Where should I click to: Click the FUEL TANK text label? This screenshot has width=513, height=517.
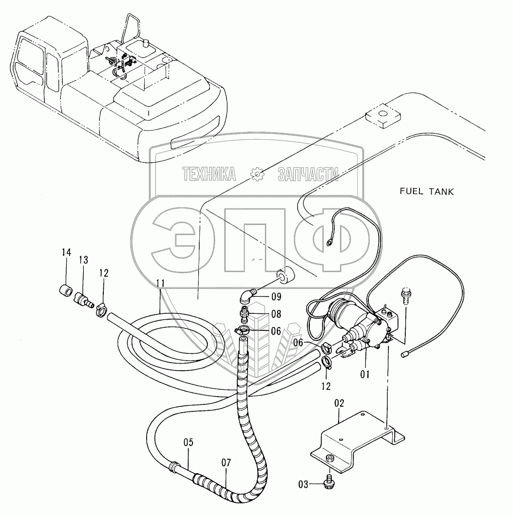(426, 191)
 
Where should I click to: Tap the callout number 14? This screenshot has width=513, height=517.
(66, 252)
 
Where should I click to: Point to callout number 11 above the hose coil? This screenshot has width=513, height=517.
(161, 283)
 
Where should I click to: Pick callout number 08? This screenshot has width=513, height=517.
(277, 314)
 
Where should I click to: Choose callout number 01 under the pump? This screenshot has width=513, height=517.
(365, 375)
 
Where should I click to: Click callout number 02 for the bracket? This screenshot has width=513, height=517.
(340, 403)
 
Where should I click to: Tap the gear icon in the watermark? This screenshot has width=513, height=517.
(257, 174)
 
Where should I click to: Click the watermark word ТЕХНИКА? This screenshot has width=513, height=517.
(209, 174)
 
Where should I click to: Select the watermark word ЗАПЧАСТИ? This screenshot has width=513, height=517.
(308, 174)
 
